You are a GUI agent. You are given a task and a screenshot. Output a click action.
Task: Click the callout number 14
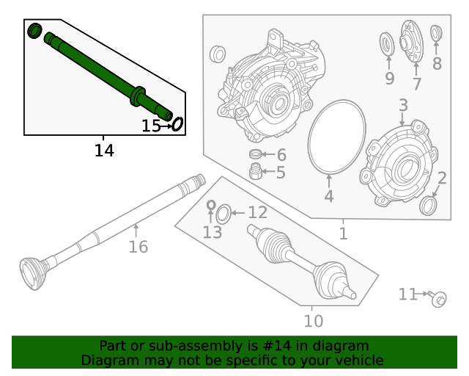click(104, 151)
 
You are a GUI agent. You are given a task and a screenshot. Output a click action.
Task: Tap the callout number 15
click(151, 126)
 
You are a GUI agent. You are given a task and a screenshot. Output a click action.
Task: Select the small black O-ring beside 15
click(177, 125)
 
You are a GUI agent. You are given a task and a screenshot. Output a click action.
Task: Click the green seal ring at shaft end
click(34, 31)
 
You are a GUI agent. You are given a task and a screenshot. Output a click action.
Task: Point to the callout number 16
click(138, 247)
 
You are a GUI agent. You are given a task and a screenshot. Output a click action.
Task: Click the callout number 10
click(313, 321)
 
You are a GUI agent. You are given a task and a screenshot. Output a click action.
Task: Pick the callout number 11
click(407, 294)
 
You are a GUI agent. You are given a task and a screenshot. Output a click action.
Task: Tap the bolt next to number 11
click(438, 298)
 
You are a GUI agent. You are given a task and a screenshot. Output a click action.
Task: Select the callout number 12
click(257, 213)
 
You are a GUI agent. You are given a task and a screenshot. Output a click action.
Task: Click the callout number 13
click(212, 233)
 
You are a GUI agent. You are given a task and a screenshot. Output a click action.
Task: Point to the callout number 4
click(329, 196)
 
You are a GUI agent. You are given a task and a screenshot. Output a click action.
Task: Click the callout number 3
click(403, 106)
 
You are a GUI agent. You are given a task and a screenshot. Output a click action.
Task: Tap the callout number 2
click(442, 178)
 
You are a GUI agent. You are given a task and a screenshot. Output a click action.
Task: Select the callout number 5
click(280, 173)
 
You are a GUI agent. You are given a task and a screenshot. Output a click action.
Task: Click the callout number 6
click(281, 155)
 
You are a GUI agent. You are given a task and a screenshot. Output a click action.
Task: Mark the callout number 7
click(416, 84)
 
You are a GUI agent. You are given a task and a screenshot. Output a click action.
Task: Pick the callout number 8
click(437, 64)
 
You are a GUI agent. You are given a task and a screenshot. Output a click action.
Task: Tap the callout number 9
click(389, 78)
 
